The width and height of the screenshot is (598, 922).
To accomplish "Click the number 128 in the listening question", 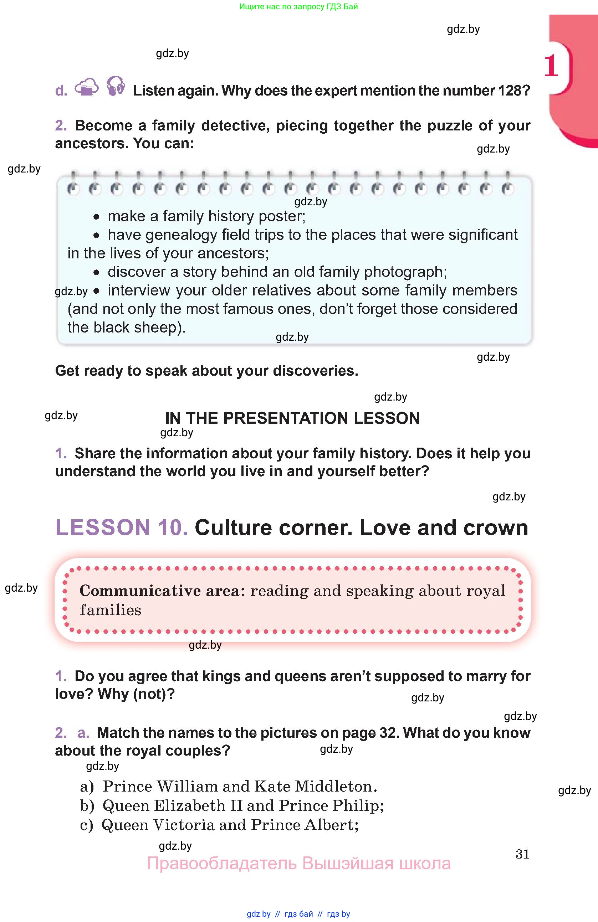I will [x=509, y=91].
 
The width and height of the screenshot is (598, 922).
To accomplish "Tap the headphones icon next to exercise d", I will [x=116, y=86].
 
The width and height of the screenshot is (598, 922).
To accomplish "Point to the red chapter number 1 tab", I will [x=551, y=66].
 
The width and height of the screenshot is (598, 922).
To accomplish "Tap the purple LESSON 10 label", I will [x=121, y=527].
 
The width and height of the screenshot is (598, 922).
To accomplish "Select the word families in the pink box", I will [x=111, y=610].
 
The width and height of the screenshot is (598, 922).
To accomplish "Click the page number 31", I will [x=522, y=854].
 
